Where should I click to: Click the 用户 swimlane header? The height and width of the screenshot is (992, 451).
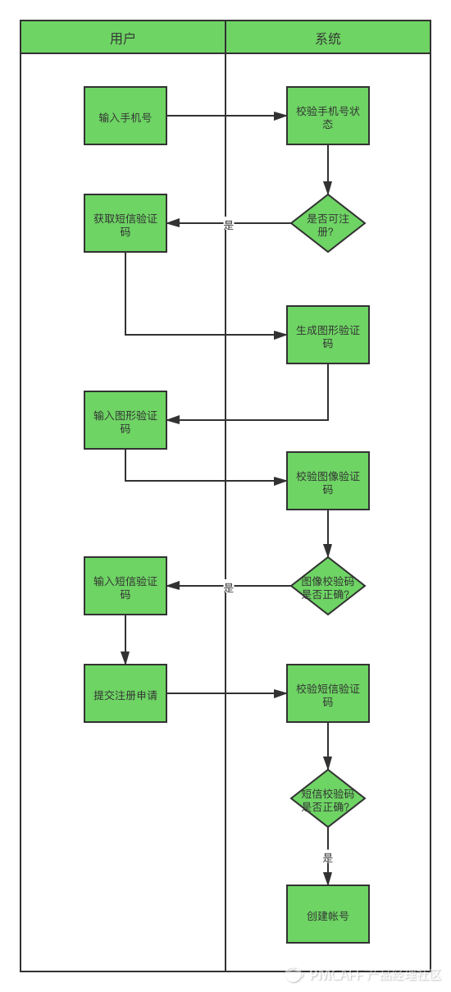(123, 37)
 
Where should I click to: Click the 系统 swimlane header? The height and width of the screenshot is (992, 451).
(328, 37)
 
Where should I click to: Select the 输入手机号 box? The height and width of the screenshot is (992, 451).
(125, 116)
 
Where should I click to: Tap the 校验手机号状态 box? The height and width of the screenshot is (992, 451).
(328, 116)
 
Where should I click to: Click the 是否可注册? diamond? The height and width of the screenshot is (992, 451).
(328, 223)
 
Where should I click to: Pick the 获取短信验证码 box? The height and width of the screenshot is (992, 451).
(125, 223)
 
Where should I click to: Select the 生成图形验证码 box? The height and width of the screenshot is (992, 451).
(328, 335)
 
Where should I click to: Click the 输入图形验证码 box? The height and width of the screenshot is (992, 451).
(125, 420)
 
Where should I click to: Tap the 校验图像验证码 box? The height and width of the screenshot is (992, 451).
(328, 481)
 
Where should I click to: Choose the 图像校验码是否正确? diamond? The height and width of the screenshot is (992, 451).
(328, 586)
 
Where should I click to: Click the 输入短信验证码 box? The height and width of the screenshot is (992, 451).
(125, 586)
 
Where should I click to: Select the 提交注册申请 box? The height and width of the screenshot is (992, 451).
(125, 693)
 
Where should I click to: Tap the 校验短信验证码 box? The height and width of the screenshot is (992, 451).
(328, 693)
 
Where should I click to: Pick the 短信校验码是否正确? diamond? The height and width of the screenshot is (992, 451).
(328, 798)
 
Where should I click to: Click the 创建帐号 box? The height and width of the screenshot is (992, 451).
(328, 914)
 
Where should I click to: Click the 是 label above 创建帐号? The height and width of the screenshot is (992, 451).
(327, 857)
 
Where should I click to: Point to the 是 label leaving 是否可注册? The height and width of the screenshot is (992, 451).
(229, 225)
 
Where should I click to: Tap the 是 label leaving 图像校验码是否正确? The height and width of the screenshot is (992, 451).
(229, 587)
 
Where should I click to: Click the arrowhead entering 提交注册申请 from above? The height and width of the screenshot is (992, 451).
(125, 658)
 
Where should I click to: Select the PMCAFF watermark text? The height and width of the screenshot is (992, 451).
(364, 976)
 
